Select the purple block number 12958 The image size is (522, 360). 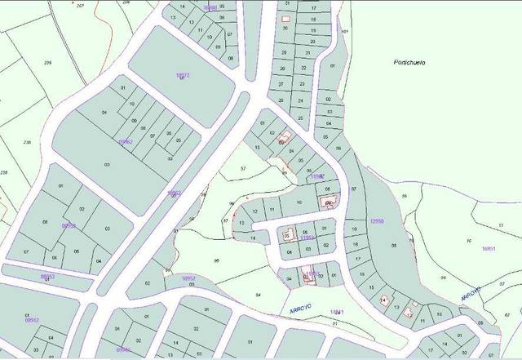click(376, 220)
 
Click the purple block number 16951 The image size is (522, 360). click(489, 248)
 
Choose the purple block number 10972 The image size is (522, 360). click(183, 75)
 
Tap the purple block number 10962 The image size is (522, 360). click(125, 141)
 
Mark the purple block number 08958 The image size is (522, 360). click(69, 225)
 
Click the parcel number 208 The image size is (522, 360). click(47, 63)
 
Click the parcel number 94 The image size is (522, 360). click(258, 293)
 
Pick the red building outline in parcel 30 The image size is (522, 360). click(285, 19)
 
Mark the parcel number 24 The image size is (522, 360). click(300, 100)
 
